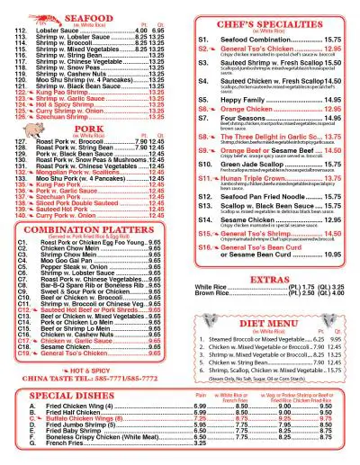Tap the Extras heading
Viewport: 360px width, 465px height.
pyautogui.click(x=269, y=280)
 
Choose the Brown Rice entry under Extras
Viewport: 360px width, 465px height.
pyautogui.click(x=214, y=293)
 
